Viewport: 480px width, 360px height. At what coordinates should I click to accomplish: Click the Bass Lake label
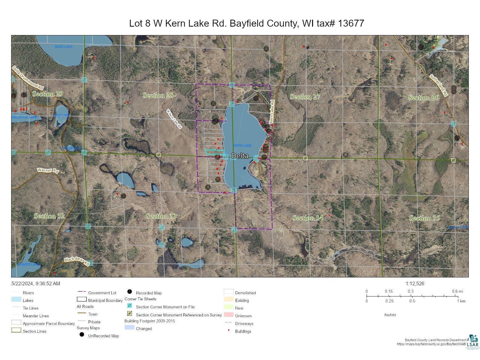point(64,47)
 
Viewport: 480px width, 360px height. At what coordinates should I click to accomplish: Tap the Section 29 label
point(47,94)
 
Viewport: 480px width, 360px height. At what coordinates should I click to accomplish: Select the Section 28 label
point(158,96)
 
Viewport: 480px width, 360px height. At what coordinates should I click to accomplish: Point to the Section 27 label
point(305,97)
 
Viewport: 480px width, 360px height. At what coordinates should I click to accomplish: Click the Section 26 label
point(423,97)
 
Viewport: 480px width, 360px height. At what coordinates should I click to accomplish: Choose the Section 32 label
point(49,216)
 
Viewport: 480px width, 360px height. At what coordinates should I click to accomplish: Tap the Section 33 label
point(161,216)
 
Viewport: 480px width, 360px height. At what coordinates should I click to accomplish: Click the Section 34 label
point(308,218)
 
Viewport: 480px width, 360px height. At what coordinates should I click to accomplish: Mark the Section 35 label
point(424,218)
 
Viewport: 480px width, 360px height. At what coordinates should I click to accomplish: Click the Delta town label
point(240,156)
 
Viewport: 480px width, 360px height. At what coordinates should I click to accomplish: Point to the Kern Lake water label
point(242,146)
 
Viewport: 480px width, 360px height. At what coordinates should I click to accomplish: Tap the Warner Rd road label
point(48,170)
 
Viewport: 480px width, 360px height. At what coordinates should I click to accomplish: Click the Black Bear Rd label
point(77,261)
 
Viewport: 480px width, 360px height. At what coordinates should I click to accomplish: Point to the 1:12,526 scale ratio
point(415,283)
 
